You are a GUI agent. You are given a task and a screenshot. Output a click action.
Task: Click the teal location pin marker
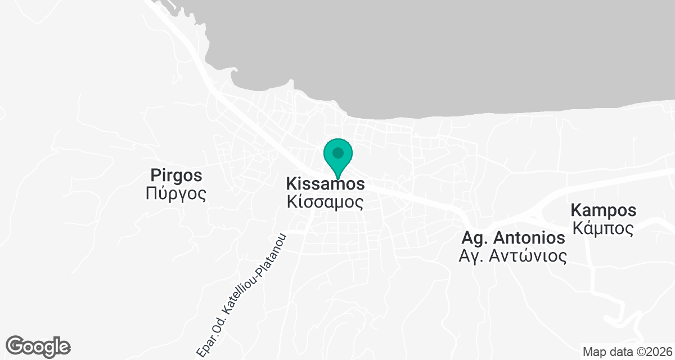point(337,157)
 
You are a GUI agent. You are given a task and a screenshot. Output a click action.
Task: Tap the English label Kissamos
point(325,184)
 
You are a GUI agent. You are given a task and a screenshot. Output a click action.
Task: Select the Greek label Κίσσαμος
point(325,201)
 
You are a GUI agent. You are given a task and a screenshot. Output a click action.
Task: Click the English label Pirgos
point(176,175)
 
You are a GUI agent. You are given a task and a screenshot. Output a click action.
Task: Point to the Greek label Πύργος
point(176,194)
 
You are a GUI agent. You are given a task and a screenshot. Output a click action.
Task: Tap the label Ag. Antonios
point(513,237)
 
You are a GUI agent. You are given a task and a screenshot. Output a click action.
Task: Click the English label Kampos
point(604,211)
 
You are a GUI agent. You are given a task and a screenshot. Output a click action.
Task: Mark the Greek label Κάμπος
point(604,228)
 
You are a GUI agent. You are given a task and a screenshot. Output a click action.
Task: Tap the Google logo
point(38,346)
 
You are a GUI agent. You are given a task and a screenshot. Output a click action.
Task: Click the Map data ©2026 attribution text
point(627,352)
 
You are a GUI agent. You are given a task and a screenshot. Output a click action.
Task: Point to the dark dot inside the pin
point(337,152)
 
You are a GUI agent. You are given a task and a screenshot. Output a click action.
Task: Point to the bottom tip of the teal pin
point(337,178)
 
